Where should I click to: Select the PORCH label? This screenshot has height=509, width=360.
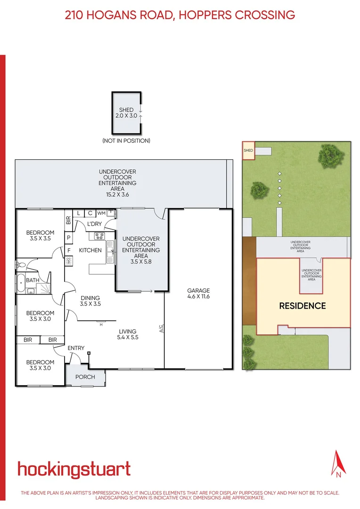85,377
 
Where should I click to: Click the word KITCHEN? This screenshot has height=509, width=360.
90,250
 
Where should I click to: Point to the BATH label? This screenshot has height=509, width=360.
33,280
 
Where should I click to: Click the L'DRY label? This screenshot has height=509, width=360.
94,224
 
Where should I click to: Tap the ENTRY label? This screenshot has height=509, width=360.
76,348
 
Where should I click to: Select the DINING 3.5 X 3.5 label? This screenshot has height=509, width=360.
90,301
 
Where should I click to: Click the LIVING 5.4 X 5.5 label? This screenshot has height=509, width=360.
127,334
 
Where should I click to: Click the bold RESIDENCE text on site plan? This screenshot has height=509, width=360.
302,306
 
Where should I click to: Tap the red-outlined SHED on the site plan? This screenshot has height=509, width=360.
248,150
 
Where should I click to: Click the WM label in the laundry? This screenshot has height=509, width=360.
101,213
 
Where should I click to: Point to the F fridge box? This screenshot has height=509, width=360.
69,250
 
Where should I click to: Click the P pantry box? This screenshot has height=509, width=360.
69,238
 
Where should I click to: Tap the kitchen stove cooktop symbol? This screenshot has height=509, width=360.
99,236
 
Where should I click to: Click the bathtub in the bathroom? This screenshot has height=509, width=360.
21,283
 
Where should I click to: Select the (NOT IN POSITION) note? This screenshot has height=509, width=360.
126,140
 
